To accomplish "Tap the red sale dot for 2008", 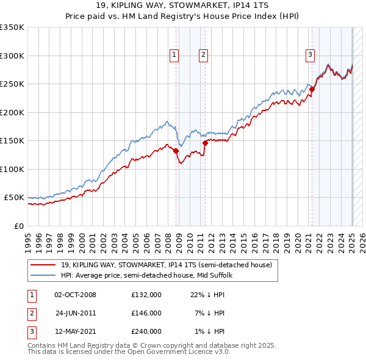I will click(176, 151).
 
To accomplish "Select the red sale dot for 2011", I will click(205, 143).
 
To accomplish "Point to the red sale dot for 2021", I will click(312, 89).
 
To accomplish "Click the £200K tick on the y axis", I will click(12, 112).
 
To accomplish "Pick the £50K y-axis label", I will click(14, 198).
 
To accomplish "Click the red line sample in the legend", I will click(43, 265).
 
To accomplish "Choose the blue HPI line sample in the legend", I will click(43, 275).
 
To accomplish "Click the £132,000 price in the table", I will click(146, 295).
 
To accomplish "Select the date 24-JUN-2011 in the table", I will click(76, 313).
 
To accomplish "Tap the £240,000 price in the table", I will click(146, 331).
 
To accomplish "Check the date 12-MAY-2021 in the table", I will click(76, 331).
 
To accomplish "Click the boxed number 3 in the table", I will click(31, 331).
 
